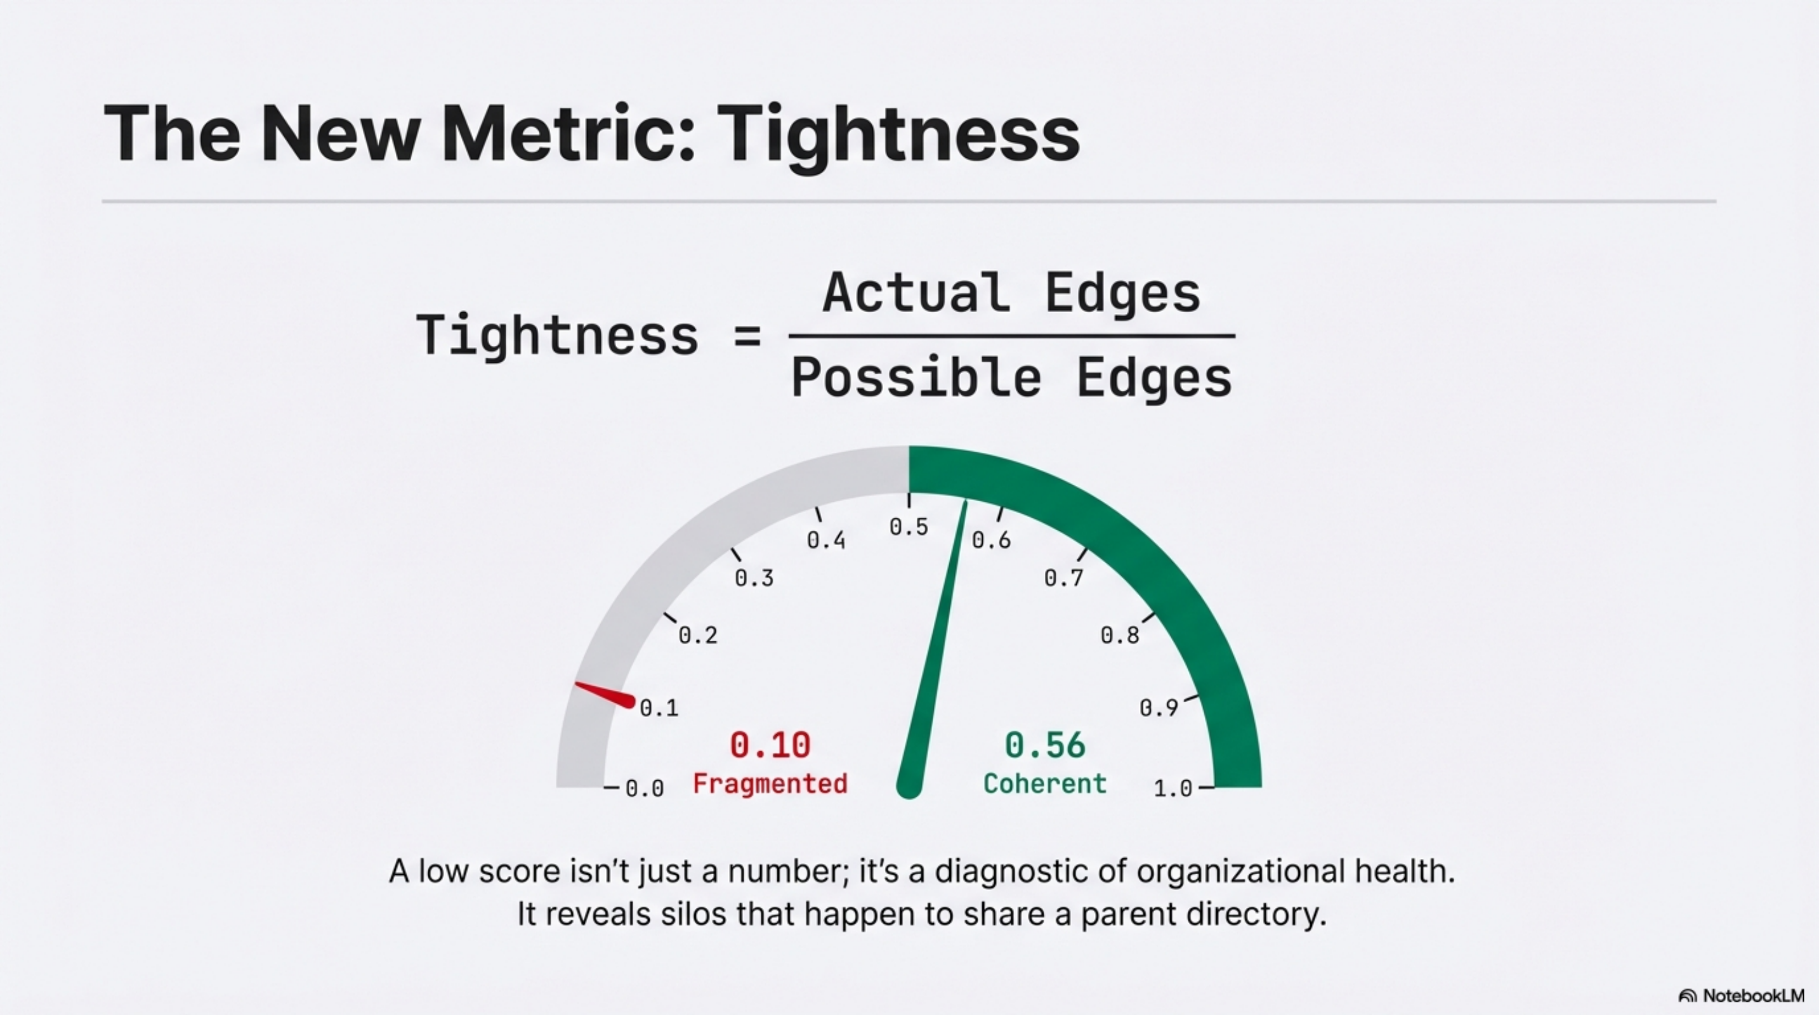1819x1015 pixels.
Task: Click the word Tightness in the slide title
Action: (x=898, y=134)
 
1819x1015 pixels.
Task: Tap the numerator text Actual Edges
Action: (x=1011, y=294)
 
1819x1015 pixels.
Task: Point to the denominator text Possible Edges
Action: (x=1011, y=378)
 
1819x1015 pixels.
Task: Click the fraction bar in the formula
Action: (x=1011, y=336)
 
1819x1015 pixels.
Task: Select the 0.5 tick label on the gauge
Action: (x=908, y=527)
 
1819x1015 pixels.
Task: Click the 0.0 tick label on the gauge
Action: (x=644, y=788)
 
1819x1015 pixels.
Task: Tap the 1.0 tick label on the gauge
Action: (x=1173, y=788)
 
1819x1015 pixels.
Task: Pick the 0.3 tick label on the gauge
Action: (x=754, y=578)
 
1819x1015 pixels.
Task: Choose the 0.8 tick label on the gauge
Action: (x=1120, y=635)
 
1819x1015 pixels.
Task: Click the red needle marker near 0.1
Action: (x=606, y=695)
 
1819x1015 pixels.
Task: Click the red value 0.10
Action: (x=770, y=745)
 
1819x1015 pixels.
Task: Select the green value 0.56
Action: (x=1044, y=745)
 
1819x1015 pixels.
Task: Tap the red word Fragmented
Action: (x=770, y=783)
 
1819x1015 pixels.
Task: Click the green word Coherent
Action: (x=1044, y=783)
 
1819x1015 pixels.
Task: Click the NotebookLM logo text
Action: (x=1752, y=995)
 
